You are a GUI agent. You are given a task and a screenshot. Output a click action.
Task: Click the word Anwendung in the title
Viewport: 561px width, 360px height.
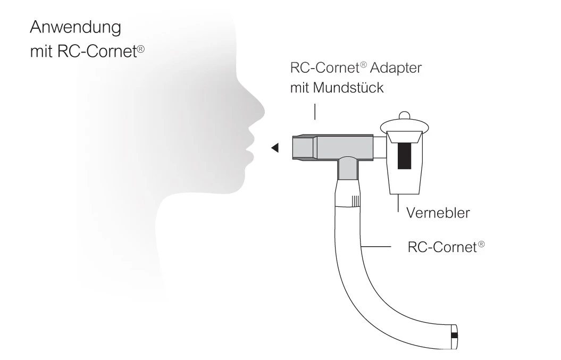point(76,27)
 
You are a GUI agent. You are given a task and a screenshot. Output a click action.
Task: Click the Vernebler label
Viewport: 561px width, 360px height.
point(438,213)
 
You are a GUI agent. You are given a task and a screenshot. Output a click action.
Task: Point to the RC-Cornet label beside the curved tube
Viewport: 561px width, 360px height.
point(439,247)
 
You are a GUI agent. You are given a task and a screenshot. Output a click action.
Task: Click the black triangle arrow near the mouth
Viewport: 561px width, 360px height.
point(275,148)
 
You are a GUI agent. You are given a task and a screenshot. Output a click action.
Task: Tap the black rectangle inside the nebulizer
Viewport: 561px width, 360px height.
point(406,155)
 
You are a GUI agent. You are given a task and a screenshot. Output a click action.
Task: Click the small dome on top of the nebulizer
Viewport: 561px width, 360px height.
point(404,115)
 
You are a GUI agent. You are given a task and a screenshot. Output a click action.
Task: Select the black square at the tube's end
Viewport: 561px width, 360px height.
point(454,335)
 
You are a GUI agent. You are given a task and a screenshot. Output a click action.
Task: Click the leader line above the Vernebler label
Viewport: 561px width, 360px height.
point(398,205)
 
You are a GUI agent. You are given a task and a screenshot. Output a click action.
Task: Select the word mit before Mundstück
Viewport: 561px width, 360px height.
point(299,88)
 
